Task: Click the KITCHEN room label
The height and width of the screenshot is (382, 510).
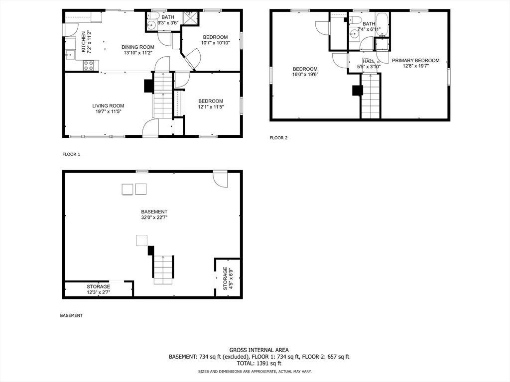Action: coord(84,42)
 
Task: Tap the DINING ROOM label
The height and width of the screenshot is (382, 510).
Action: coord(138,47)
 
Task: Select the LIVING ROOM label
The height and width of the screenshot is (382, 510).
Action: coord(108,105)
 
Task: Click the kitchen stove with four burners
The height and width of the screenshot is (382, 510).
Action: coord(89,65)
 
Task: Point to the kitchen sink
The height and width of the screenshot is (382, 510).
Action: coord(70,55)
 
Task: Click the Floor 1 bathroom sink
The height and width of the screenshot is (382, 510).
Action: coord(151,25)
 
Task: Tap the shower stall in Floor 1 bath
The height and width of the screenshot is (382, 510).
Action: coord(190,17)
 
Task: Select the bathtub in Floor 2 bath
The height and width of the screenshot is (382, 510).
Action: coord(382,24)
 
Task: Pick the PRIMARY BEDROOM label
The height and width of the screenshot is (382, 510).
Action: coord(416,60)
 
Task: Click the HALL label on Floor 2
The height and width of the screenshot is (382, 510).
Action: coord(369,61)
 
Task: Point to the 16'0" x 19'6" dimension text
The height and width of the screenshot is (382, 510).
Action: coord(305,75)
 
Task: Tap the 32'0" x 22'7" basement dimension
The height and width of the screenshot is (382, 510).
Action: coord(154,218)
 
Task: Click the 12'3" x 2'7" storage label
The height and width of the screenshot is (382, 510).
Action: coord(99,292)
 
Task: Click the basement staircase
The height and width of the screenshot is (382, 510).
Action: coord(163,270)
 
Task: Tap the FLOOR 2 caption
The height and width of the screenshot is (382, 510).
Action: coord(279,138)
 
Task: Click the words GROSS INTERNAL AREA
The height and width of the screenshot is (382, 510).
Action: coord(259,350)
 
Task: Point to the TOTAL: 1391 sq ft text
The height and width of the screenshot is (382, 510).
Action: coord(259,364)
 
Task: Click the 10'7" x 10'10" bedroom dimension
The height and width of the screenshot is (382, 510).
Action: coord(215,43)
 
